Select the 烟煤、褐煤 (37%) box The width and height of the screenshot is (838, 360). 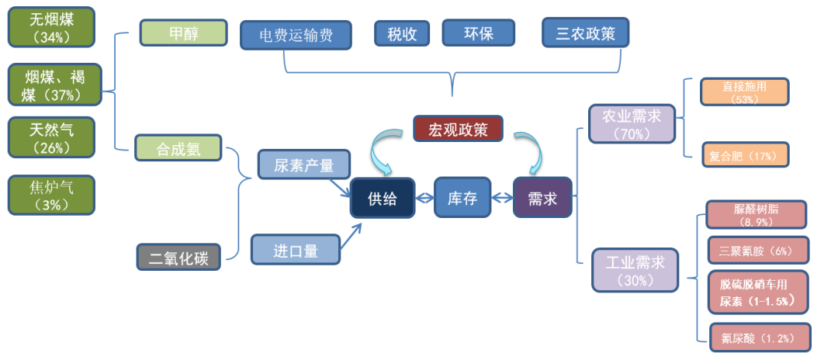click(x=51, y=85)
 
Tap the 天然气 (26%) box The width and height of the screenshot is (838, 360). click(x=51, y=137)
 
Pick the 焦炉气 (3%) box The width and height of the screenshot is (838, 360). click(x=51, y=195)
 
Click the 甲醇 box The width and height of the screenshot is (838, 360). click(x=183, y=33)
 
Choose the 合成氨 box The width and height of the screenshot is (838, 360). click(x=178, y=148)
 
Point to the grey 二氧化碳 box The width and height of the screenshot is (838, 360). click(x=178, y=257)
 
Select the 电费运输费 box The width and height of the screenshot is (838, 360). click(x=296, y=35)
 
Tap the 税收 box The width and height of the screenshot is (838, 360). click(x=402, y=33)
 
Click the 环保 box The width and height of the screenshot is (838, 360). click(x=478, y=33)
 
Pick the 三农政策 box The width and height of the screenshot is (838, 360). click(x=585, y=33)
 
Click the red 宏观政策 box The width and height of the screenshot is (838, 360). click(x=458, y=129)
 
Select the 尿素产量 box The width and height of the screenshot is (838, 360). click(x=303, y=164)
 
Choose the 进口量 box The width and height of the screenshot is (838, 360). click(x=296, y=250)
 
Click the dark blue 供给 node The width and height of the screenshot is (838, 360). click(x=382, y=199)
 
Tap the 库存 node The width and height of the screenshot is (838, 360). click(x=462, y=199)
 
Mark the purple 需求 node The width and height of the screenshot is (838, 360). click(x=542, y=199)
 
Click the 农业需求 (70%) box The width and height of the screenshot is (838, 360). click(x=632, y=123)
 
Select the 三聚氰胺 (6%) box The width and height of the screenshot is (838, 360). click(x=758, y=251)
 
